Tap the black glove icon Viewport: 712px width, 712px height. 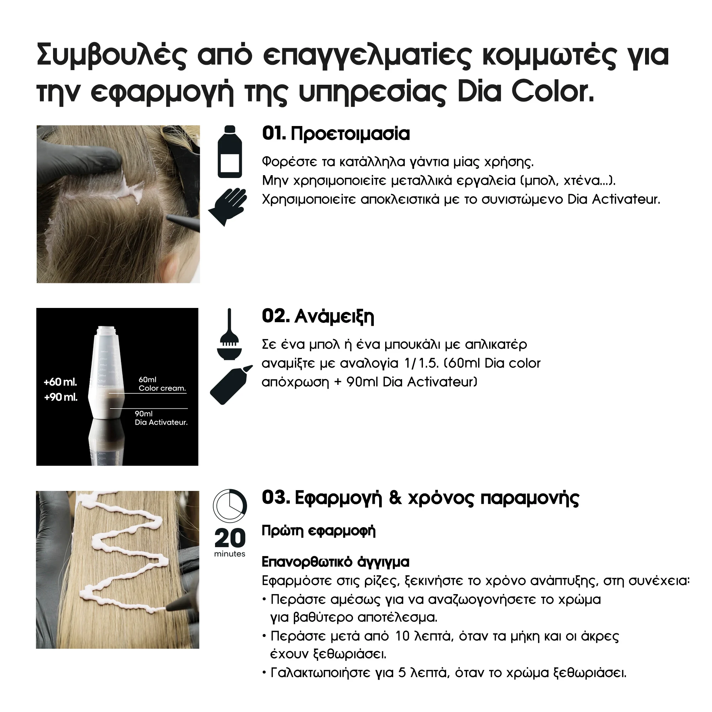[x=227, y=206]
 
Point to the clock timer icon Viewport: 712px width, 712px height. [x=230, y=506]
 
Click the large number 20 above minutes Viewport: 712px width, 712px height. [x=230, y=538]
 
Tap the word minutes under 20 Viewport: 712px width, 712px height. [x=230, y=554]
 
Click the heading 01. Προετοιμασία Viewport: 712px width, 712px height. [x=336, y=134]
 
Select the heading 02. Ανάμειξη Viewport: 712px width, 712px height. [x=318, y=316]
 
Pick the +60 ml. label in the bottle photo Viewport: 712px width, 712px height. [x=61, y=382]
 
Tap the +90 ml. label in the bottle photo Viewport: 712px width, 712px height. [x=61, y=398]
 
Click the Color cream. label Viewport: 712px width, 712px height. [x=162, y=388]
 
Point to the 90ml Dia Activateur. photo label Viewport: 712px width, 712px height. [x=161, y=418]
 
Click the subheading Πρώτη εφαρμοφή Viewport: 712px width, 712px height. [x=318, y=531]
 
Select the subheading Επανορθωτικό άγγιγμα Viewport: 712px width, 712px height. [x=335, y=562]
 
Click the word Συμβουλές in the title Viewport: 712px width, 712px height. [x=112, y=56]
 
